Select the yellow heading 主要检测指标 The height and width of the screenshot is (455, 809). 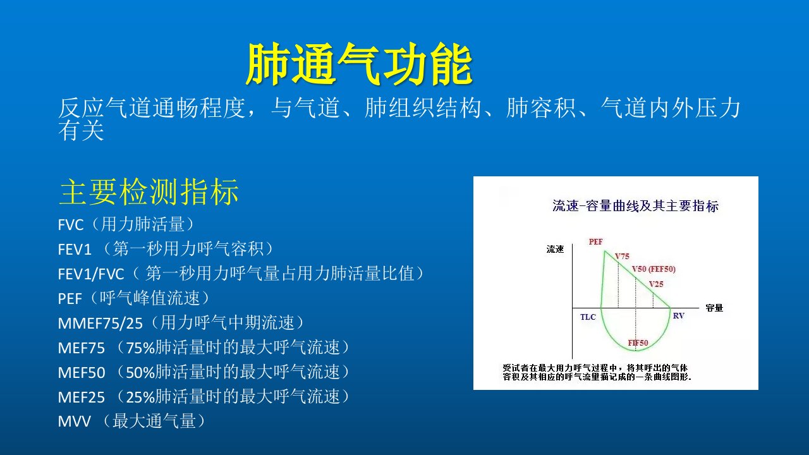tap(149, 191)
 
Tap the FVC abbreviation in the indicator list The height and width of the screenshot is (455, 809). tap(71, 225)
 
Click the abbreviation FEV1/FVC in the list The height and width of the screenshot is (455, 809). tap(91, 274)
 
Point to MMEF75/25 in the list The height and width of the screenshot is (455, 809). tap(100, 324)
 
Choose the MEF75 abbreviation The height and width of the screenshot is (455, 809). tap(82, 348)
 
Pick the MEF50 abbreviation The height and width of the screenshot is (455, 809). tap(82, 373)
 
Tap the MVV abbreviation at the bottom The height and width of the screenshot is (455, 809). tap(74, 422)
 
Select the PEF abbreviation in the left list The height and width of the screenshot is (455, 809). tap(70, 299)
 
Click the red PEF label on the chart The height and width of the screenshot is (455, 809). tap(595, 241)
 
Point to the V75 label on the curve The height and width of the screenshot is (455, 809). tap(622, 257)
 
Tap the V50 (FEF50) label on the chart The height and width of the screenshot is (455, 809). tap(654, 269)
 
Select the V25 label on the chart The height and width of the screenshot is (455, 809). tap(656, 284)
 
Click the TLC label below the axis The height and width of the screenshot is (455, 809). tap(588, 317)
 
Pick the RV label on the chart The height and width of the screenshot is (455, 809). tap(679, 315)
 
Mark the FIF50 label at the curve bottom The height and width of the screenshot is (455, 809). tap(638, 343)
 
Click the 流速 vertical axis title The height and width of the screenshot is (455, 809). tap(555, 249)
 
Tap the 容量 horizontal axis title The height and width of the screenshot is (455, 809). tap(714, 308)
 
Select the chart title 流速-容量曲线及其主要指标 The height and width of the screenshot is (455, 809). tap(636, 206)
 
